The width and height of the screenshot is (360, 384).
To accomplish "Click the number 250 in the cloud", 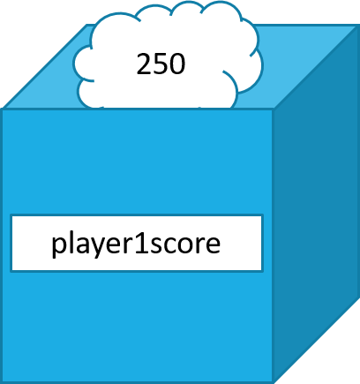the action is click(x=161, y=64).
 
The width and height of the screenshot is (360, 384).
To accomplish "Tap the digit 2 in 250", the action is click(x=144, y=64).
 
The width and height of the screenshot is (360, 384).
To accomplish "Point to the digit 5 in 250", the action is click(x=161, y=64).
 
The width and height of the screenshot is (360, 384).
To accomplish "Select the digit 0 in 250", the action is click(x=177, y=64).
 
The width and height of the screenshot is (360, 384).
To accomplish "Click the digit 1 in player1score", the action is click(x=138, y=243).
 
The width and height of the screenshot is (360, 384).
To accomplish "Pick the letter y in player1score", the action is click(x=97, y=247).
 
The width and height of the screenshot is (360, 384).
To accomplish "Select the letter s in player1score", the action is click(x=152, y=245).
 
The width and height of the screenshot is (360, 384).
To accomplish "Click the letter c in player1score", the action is click(x=166, y=245).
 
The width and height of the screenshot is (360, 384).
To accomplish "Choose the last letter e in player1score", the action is click(x=212, y=245).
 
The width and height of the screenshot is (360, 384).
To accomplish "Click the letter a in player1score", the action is click(x=81, y=245).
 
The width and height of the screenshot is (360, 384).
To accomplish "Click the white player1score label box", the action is click(x=136, y=243).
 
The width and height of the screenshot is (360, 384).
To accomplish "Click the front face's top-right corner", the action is click(x=273, y=109).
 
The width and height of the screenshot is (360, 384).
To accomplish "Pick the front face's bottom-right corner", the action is click(x=273, y=382).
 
